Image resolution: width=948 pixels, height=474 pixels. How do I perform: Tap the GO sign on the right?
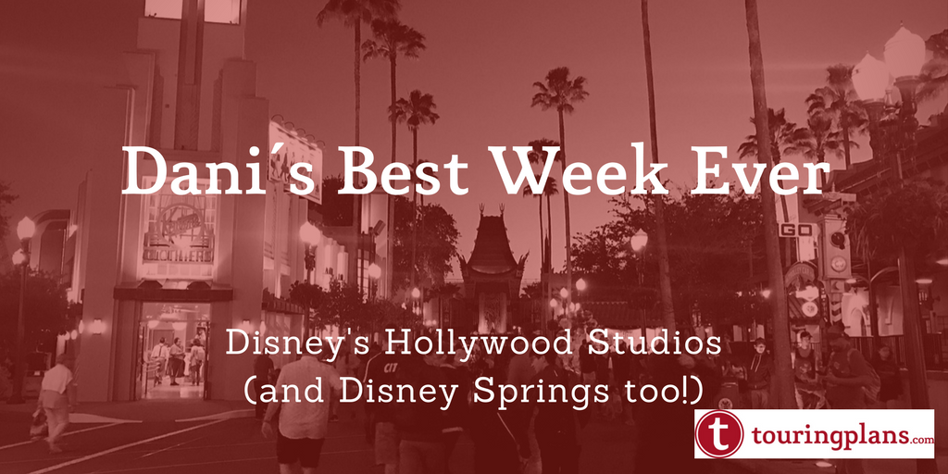(799, 231)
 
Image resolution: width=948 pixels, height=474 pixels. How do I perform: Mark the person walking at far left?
(56, 402)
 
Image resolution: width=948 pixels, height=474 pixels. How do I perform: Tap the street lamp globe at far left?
(25, 230)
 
